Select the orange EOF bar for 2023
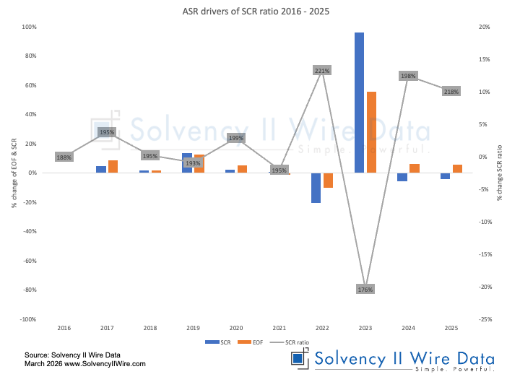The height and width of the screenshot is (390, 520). pos(371,132)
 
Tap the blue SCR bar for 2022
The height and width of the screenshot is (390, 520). pos(316,188)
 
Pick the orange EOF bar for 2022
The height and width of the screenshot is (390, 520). pos(328,181)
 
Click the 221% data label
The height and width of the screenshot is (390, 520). pos(322,71)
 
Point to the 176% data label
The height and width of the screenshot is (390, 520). pos(365,290)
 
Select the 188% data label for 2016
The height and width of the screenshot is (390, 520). pos(64,157)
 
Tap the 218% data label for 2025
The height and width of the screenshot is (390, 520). pos(451,92)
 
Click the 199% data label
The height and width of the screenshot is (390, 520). pos(235,137)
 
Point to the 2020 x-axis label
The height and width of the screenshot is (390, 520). pos(235,328)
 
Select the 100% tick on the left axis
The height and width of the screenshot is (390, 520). pos(30,27)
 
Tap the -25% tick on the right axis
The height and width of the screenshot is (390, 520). pos(485,318)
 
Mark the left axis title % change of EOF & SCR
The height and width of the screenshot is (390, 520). pos(14,173)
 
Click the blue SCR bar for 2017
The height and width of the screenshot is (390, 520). pos(101,169)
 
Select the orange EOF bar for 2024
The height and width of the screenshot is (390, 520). pos(414,168)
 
